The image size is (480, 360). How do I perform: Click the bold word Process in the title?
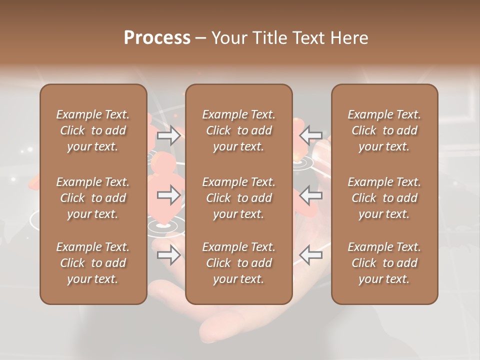157,38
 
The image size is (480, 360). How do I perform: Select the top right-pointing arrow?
168,135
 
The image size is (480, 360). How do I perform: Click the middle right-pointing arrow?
168,195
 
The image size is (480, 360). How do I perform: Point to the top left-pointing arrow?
311,135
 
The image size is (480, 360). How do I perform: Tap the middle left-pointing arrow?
311,195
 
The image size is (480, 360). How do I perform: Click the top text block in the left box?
93,130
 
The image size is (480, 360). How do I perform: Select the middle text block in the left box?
93,198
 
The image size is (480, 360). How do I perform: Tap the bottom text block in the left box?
93,263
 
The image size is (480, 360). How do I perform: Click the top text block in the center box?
238,130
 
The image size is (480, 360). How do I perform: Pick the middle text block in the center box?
238,198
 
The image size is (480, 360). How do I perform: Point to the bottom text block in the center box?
238,263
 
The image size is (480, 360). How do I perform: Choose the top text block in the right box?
384,130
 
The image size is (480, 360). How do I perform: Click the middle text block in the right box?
384,198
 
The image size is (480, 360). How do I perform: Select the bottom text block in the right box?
384,263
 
